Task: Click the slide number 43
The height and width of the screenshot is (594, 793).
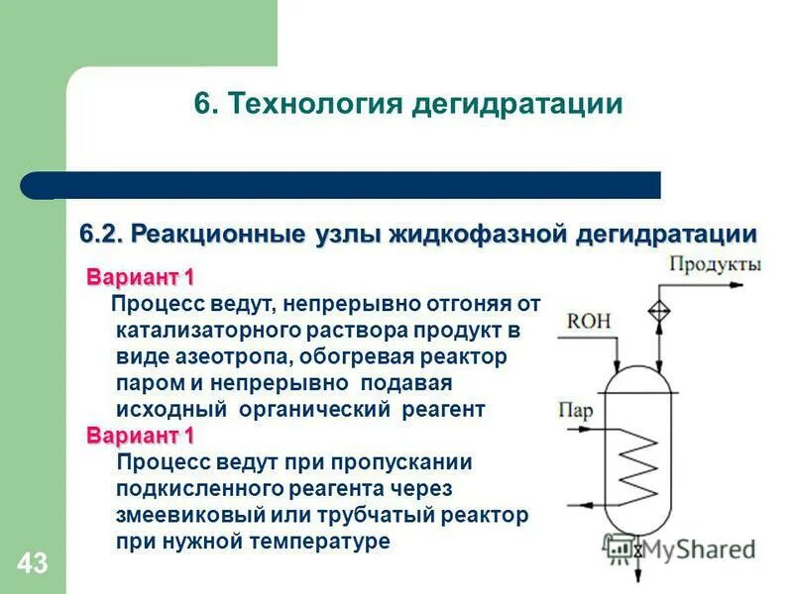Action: coord(32,564)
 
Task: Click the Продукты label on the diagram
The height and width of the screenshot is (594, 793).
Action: coord(715,264)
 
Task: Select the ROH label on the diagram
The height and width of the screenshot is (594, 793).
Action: coord(589,321)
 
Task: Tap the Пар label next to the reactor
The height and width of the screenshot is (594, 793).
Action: coord(575,410)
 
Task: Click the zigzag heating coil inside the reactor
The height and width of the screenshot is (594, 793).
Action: coord(636,466)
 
